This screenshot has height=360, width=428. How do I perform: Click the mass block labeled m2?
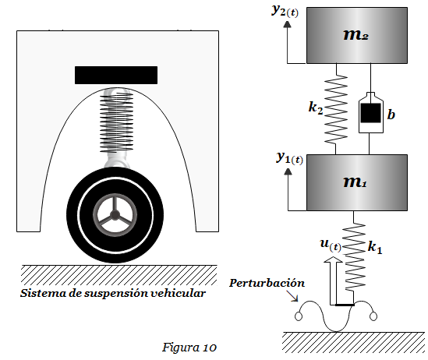357,36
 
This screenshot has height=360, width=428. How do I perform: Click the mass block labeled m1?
357,182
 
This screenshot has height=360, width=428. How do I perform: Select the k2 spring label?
316,108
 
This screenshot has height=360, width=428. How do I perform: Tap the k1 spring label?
375,247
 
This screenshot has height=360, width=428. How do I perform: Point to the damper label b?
391,115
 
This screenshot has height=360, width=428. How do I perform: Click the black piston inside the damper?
370,113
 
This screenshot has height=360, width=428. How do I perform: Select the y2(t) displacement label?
285,11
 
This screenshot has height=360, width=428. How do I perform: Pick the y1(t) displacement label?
289,158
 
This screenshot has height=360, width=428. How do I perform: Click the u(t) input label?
331,245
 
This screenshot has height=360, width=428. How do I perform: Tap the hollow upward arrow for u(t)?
333,281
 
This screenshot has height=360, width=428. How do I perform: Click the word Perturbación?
267,283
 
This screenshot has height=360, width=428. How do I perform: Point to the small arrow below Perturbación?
292,296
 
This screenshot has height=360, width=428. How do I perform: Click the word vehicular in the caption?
179,293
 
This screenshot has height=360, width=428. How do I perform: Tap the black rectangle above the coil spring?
116,75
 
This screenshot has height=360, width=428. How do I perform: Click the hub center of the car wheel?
115,215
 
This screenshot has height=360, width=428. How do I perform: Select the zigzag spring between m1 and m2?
336,109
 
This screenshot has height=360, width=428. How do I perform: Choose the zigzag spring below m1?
354,256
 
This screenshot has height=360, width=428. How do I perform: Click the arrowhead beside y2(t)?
287,24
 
